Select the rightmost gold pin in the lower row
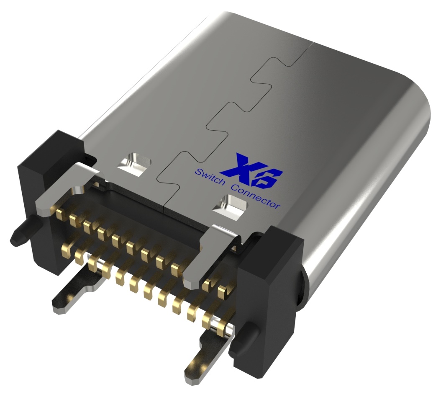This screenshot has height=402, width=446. (x=222, y=324)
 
